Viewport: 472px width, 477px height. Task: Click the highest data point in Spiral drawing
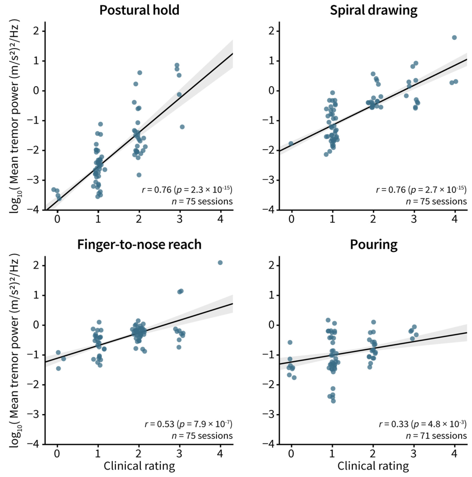454,38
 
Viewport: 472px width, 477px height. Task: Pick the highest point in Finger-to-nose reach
220,263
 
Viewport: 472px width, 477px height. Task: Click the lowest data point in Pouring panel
333,400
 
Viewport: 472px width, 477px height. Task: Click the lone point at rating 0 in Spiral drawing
291,143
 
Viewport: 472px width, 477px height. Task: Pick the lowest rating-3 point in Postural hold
182,127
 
